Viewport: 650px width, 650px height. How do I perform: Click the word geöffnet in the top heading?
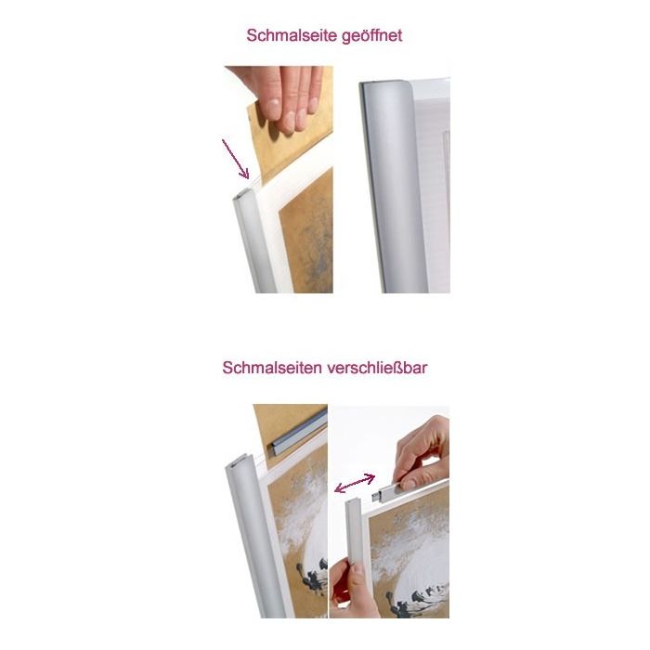(x=371, y=36)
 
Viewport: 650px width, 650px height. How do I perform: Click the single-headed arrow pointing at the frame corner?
(x=235, y=159)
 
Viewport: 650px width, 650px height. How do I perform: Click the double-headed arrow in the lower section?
(x=355, y=484)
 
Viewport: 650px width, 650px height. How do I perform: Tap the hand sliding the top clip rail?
(x=422, y=454)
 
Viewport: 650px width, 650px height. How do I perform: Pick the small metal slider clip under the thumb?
(x=387, y=492)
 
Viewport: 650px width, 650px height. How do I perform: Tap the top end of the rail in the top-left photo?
(x=243, y=193)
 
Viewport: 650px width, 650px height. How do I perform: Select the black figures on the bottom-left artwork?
(x=313, y=574)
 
